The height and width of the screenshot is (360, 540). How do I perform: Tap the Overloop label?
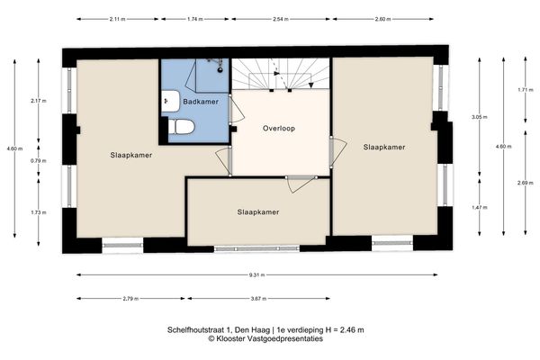click(x=279, y=129)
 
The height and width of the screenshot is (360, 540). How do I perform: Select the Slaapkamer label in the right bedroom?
click(x=383, y=146)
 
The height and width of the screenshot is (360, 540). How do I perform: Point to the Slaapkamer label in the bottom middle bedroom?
click(x=257, y=212)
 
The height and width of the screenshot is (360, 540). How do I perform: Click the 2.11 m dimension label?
click(x=116, y=19)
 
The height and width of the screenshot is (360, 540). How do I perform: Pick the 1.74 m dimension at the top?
click(x=193, y=19)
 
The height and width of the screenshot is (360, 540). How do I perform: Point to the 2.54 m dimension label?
click(x=279, y=19)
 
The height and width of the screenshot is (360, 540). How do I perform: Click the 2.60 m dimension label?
click(x=382, y=19)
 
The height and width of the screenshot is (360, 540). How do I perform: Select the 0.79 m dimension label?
click(x=37, y=161)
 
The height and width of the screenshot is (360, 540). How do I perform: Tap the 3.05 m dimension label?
click(x=480, y=117)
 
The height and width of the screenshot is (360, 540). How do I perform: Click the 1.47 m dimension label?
click(x=480, y=207)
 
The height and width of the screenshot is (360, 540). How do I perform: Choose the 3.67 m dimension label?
click(x=257, y=298)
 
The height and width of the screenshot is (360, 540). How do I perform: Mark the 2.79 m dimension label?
click(x=130, y=298)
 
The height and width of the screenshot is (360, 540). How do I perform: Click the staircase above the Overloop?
click(x=280, y=75)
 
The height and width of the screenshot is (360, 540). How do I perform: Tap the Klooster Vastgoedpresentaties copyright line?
click(x=265, y=338)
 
